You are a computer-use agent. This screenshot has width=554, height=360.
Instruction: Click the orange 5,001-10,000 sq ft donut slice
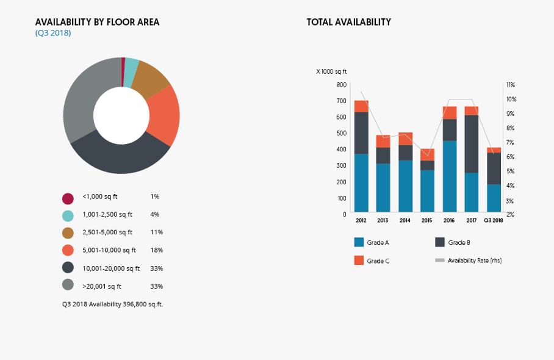pyautogui.click(x=163, y=116)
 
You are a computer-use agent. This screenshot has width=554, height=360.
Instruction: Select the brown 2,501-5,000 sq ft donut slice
pyautogui.click(x=150, y=79)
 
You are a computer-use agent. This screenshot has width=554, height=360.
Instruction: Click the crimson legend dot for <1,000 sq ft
pyautogui.click(x=68, y=198)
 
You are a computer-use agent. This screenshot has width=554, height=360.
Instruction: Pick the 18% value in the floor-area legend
pyautogui.click(x=156, y=250)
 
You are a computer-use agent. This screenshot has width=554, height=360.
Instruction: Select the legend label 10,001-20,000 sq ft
pyautogui.click(x=111, y=268)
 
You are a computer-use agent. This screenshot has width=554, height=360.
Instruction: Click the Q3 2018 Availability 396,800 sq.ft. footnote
pyautogui.click(x=112, y=304)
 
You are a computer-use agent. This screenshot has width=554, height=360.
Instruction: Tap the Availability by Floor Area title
pyautogui.click(x=97, y=23)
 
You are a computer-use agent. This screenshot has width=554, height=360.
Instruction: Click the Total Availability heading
pyautogui.click(x=348, y=23)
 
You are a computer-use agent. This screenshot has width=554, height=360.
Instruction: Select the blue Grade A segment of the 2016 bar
pyautogui.click(x=450, y=176)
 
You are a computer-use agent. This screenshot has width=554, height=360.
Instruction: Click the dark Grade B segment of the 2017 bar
pyautogui.click(x=472, y=144)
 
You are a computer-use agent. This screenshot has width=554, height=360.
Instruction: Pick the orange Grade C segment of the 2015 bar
pyautogui.click(x=427, y=154)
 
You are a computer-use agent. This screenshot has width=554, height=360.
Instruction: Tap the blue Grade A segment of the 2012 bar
pyautogui.click(x=361, y=183)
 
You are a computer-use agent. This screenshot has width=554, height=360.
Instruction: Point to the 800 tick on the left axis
pyautogui.click(x=340, y=85)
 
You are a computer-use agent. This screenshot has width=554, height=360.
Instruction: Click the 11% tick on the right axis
pyautogui.click(x=511, y=85)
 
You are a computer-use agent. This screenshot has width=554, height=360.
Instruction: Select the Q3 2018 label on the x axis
pyautogui.click(x=493, y=220)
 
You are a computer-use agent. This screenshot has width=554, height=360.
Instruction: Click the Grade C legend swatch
pyautogui.click(x=359, y=261)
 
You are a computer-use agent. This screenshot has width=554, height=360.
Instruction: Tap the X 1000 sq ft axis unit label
pyautogui.click(x=331, y=72)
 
